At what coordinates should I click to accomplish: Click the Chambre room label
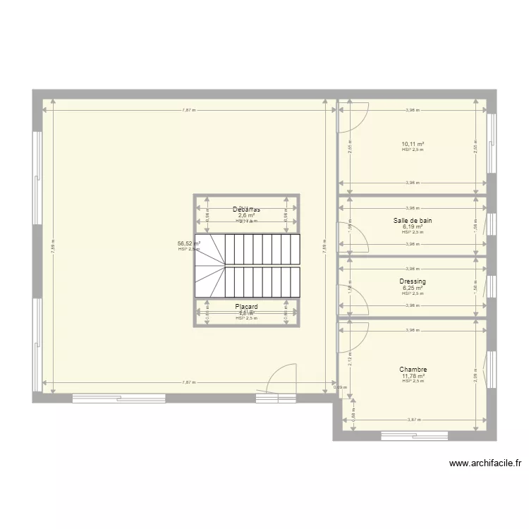coord(413,370)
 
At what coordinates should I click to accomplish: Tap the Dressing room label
coord(413,281)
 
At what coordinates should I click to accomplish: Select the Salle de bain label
coord(413,221)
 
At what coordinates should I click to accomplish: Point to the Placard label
coord(246,307)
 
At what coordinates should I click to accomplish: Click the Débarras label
coord(246,209)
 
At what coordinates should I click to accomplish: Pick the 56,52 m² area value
coord(189,243)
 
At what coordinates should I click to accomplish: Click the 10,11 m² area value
coord(413,143)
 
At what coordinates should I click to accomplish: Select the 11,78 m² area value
coord(413,376)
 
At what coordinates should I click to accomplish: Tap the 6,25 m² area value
coord(413,288)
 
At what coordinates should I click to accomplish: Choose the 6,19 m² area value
coord(413,226)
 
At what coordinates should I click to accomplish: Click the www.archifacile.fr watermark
coord(485,463)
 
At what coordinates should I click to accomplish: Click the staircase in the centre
coord(247,266)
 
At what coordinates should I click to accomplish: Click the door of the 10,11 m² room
coord(352,116)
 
